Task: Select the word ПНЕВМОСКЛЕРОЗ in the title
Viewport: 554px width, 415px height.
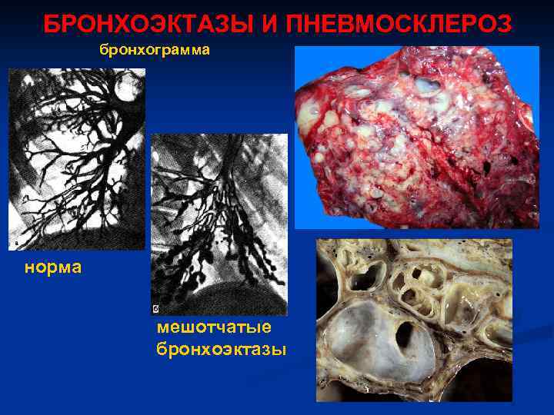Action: click(x=398, y=24)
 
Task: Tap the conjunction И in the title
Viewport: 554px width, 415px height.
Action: click(x=270, y=24)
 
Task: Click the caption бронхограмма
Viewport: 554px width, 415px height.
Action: click(x=154, y=51)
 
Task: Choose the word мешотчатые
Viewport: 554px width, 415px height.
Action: click(x=213, y=327)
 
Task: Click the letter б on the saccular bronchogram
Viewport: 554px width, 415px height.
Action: click(x=156, y=307)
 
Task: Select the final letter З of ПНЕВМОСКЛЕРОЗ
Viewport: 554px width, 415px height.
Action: click(x=503, y=24)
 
